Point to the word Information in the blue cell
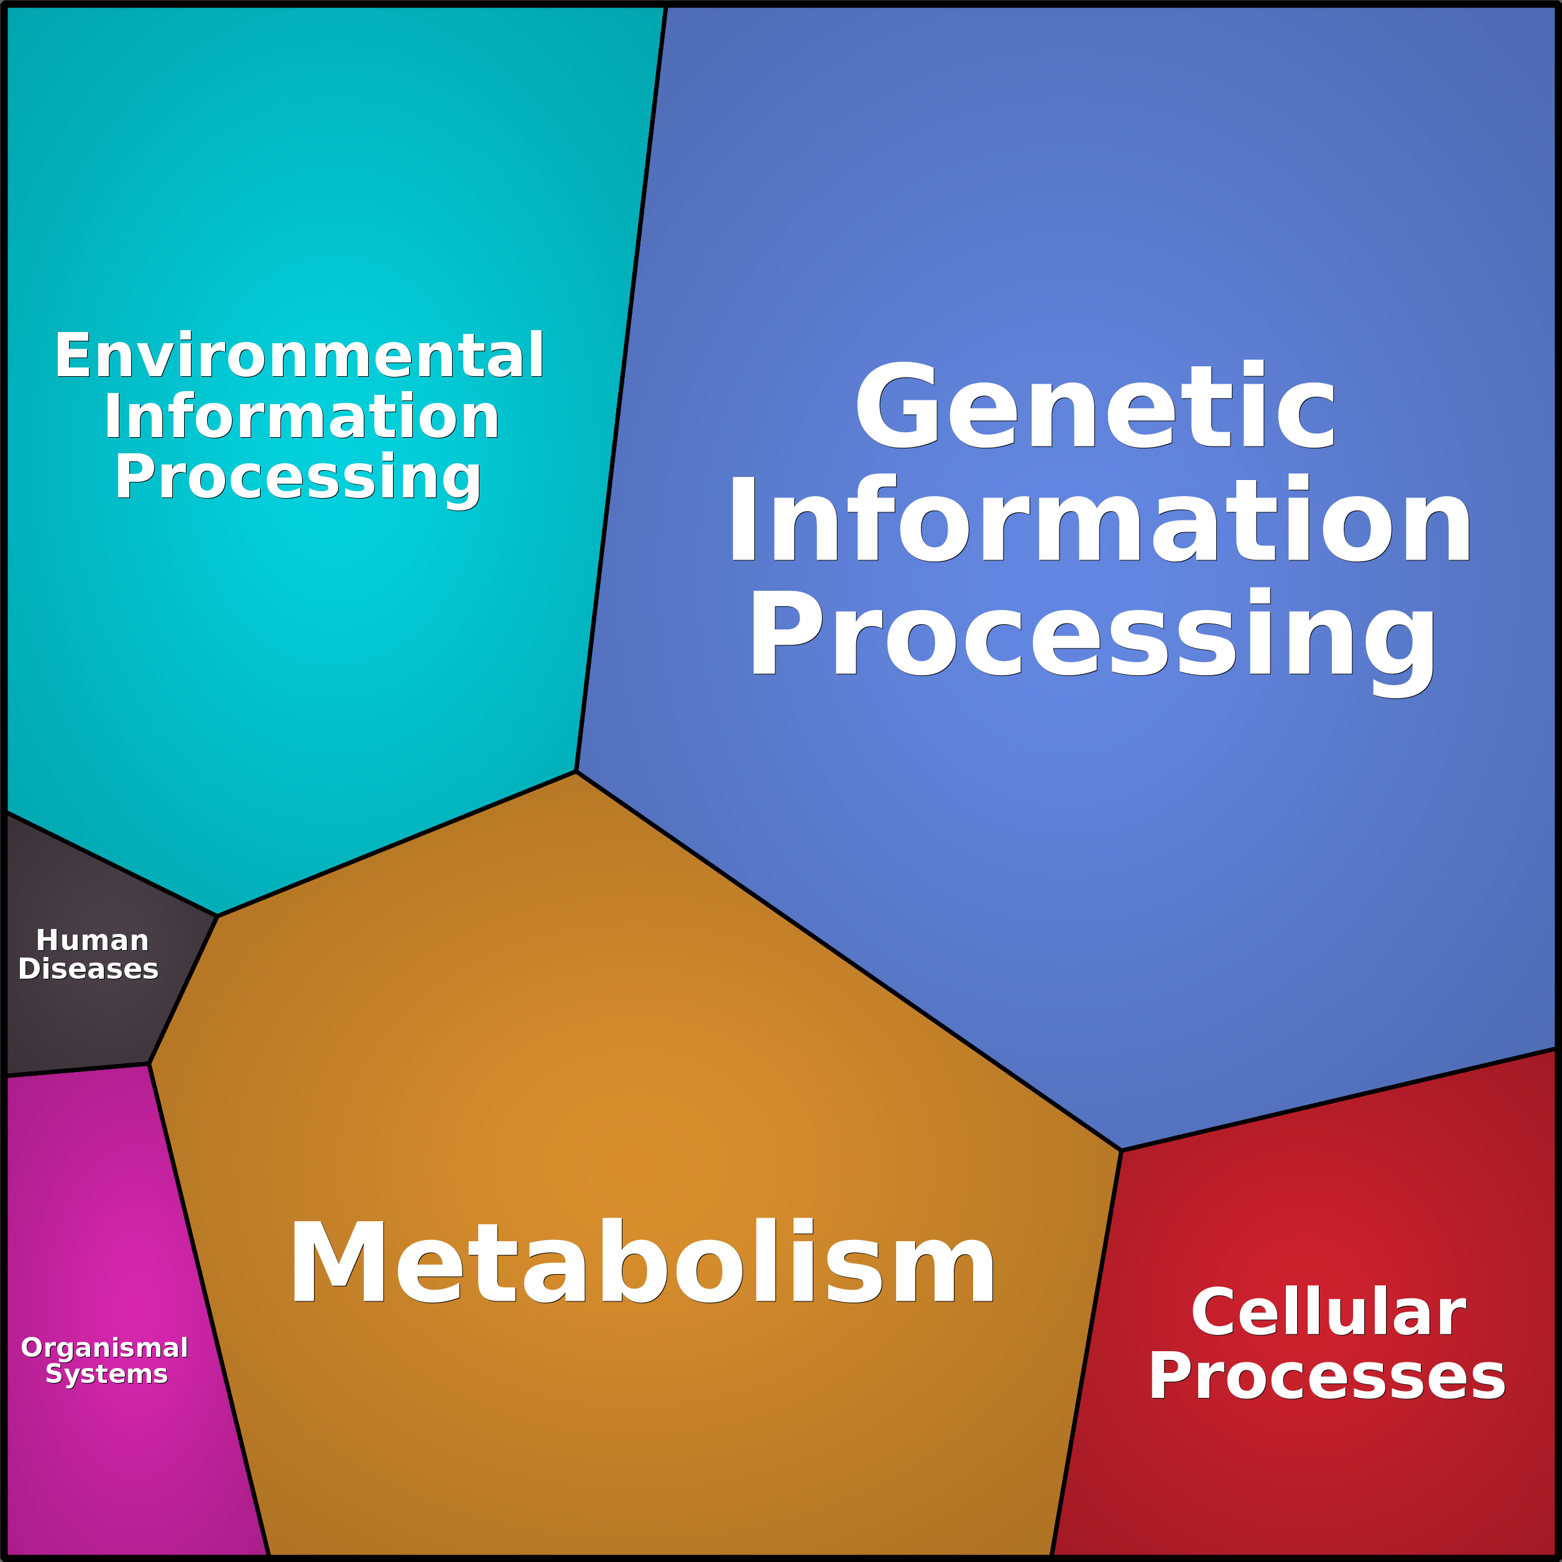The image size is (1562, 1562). (x=1099, y=518)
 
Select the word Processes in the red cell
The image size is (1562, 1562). (x=1327, y=1376)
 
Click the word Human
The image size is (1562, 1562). (x=92, y=940)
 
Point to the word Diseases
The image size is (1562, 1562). (x=88, y=969)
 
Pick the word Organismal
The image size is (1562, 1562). (x=104, y=1347)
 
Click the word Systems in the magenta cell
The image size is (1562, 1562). (x=106, y=1374)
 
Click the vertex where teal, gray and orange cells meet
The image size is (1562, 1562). (x=218, y=916)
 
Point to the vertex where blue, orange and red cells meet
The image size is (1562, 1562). (x=1121, y=1150)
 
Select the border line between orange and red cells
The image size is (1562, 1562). (x=1086, y=1354)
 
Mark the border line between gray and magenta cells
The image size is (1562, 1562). (x=78, y=1070)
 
